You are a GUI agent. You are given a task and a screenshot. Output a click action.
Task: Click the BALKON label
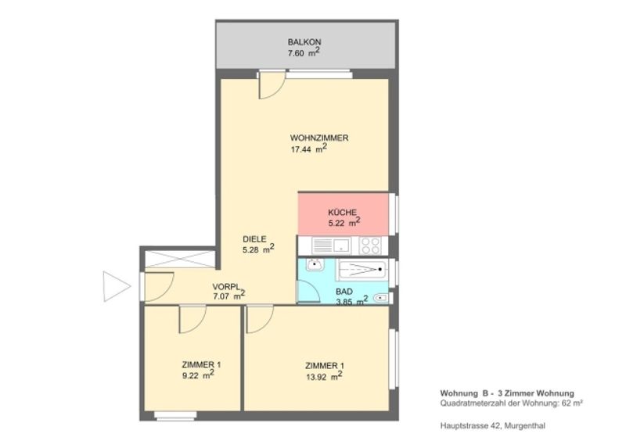304,42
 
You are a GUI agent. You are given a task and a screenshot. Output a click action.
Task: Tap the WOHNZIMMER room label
319,138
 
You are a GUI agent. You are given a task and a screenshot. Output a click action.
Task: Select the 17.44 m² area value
309,149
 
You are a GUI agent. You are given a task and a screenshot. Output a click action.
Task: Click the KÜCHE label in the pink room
342,213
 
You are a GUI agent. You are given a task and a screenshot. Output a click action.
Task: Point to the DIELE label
254,239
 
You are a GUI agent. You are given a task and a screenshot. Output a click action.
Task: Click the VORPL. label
227,286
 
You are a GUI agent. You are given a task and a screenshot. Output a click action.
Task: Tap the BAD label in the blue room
344,292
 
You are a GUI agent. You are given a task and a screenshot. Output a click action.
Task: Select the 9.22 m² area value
198,375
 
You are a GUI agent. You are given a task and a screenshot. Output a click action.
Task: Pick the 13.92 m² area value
324,376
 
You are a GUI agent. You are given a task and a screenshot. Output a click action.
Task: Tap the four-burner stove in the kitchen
369,246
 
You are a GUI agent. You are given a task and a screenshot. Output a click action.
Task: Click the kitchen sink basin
342,245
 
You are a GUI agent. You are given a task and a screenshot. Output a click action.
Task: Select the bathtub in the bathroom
362,270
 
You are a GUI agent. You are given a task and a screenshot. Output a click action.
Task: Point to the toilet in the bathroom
381,297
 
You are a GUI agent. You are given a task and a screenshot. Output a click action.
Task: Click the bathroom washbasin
315,264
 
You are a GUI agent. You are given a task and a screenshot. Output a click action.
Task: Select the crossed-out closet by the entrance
180,259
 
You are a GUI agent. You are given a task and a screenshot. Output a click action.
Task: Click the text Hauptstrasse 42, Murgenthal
493,426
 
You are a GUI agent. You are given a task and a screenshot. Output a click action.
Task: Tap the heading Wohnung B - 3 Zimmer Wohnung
507,393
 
